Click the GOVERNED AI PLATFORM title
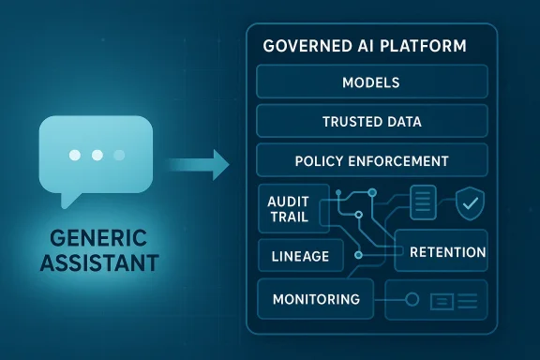[366, 45]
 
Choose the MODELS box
[372, 82]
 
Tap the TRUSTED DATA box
[372, 122]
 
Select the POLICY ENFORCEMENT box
[372, 160]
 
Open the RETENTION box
[448, 252]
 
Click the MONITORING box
[316, 300]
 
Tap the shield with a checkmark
[468, 203]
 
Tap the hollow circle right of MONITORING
[409, 300]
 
